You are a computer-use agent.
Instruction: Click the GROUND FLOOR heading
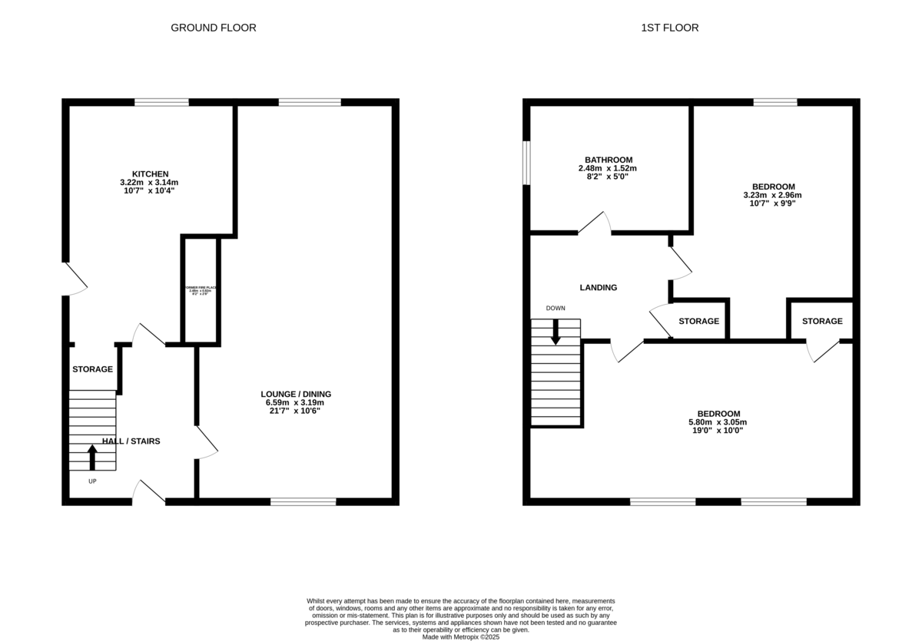213,28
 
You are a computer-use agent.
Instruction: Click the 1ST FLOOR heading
669,28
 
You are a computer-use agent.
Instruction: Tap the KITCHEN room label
149,173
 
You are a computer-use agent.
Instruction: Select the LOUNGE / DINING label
295,394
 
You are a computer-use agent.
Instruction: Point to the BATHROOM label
607,160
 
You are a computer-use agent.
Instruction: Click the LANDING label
598,288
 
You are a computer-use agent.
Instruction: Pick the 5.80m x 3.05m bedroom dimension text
717,422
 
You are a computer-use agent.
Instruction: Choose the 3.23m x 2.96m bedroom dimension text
773,195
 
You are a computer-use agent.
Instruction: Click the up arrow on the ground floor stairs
92,458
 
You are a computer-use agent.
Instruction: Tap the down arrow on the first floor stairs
556,330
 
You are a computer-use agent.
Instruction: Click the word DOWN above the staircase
556,309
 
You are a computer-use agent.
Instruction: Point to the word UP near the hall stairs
92,481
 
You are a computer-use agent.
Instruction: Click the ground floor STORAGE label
92,369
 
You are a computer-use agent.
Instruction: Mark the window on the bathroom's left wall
526,162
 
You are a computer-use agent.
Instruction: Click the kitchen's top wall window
161,102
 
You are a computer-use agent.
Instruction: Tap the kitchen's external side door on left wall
75,279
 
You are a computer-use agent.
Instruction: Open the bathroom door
595,223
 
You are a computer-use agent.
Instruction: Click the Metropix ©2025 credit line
461,636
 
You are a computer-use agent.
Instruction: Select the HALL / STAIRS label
131,441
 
